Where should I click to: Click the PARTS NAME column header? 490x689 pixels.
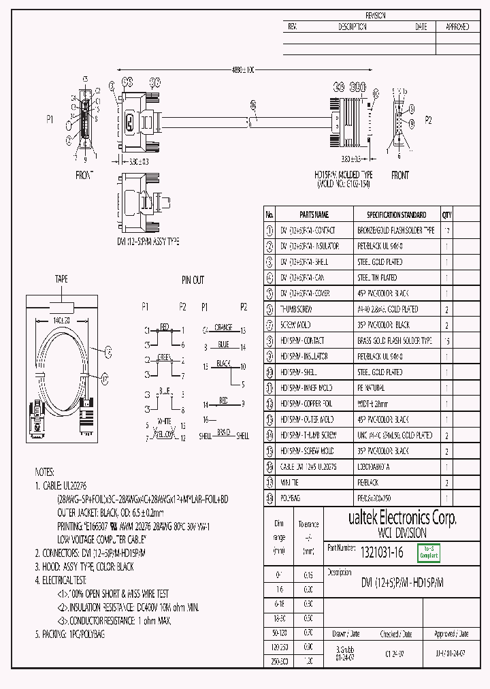click(x=314, y=214)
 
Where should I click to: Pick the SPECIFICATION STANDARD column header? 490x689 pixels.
click(x=396, y=214)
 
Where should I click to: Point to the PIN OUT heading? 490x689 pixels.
click(x=193, y=280)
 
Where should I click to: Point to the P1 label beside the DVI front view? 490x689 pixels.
click(x=50, y=119)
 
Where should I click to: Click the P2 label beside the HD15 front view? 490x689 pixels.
click(x=428, y=119)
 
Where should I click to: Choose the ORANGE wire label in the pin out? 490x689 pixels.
click(x=223, y=327)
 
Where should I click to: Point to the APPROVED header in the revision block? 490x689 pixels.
click(x=457, y=27)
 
